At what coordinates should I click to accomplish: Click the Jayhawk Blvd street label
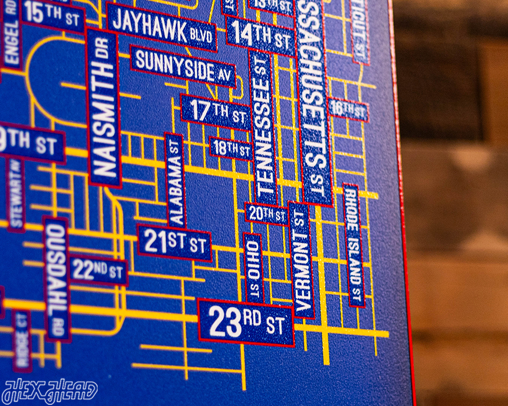(162, 26)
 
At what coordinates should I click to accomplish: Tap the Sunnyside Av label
(183, 66)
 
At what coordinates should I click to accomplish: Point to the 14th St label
(261, 36)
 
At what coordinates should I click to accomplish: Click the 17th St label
(215, 112)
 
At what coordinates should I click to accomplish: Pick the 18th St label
(231, 148)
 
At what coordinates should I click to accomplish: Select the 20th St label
(266, 214)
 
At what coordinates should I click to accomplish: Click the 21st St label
(174, 243)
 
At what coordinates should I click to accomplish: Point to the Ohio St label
(253, 268)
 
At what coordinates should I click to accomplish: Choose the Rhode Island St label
(353, 246)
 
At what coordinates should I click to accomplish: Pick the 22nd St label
(98, 270)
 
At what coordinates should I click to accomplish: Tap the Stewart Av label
(15, 195)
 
